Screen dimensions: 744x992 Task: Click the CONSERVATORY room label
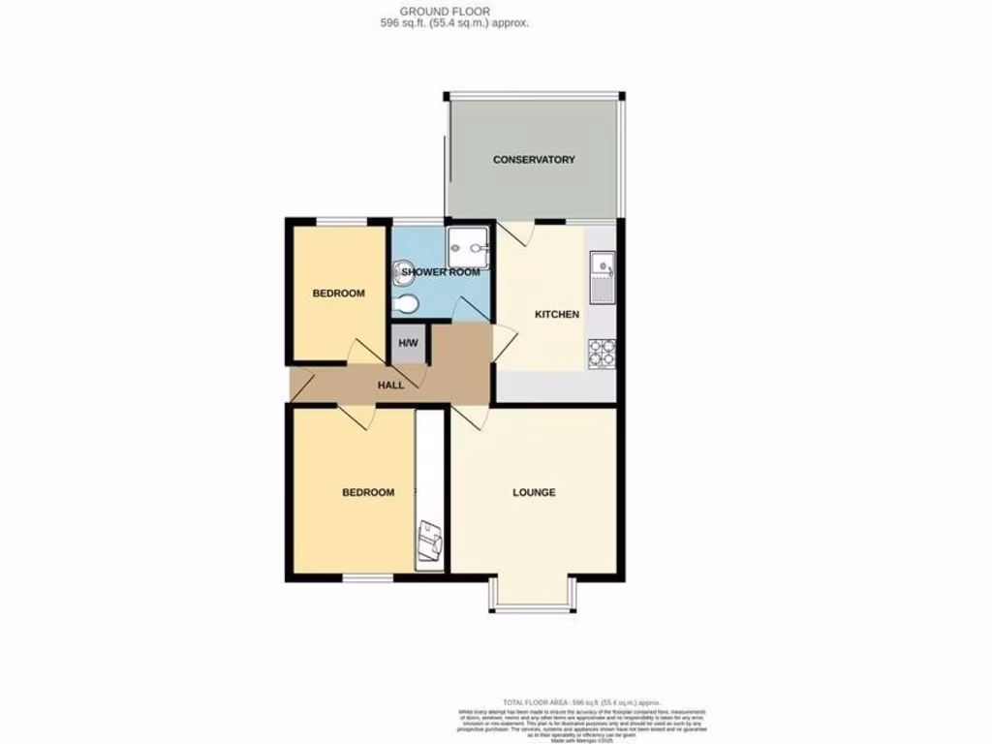pos(534,160)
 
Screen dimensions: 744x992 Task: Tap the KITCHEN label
pos(557,314)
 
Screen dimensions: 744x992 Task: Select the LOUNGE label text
pos(534,492)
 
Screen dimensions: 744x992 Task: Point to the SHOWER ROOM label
pos(441,272)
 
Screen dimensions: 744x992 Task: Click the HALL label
pos(390,385)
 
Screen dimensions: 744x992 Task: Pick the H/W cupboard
pos(408,344)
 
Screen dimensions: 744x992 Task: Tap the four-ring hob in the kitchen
pos(601,353)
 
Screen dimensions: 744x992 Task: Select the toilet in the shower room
pos(406,305)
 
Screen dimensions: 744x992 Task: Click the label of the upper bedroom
pos(338,294)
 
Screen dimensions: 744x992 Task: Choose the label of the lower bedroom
pos(368,492)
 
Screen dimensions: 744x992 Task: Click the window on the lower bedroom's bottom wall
pos(368,578)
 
